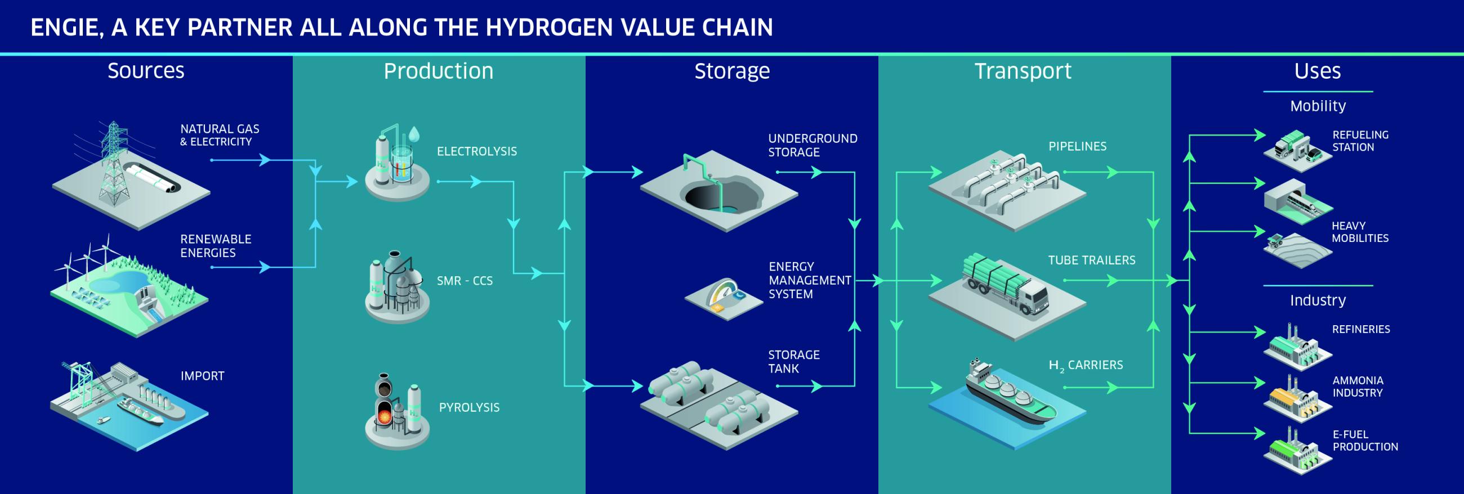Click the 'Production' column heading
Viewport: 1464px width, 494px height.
coord(438,71)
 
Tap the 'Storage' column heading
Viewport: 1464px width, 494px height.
coord(732,71)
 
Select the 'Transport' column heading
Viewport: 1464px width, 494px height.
coord(1023,71)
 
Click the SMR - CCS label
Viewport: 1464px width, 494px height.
coord(465,281)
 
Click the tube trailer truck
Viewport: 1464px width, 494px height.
coord(1005,284)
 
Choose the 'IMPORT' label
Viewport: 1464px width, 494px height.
coord(202,376)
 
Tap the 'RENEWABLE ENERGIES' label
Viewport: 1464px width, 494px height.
coord(216,246)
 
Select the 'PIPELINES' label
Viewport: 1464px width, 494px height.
coord(1077,146)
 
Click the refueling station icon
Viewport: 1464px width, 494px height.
coord(1297,149)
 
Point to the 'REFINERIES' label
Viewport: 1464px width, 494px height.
coord(1360,329)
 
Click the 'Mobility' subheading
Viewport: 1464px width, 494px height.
coord(1318,106)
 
